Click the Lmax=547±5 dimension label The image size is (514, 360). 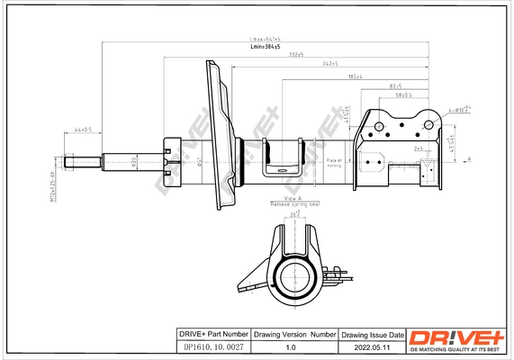[266, 40]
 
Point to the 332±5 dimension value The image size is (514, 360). [295, 56]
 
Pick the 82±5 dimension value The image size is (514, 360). [395, 85]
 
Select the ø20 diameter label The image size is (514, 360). [135, 161]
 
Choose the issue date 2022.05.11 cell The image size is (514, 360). [373, 346]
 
